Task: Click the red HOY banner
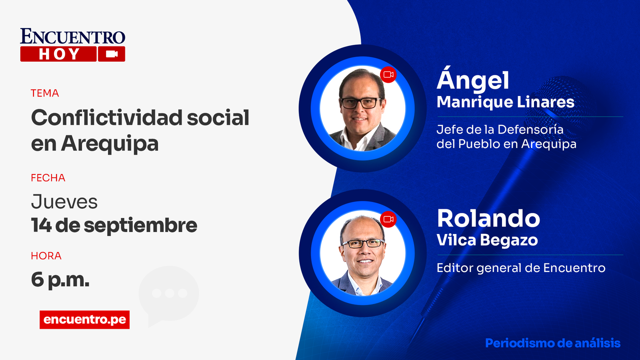pyautogui.click(x=58, y=54)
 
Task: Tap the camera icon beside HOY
pyautogui.click(x=112, y=54)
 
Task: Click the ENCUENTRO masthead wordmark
pyautogui.click(x=72, y=36)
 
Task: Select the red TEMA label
pyautogui.click(x=45, y=93)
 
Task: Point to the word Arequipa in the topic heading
pyautogui.click(x=110, y=144)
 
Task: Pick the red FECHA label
pyautogui.click(x=48, y=178)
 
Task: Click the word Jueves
pyautogui.click(x=64, y=202)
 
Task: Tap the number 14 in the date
pyautogui.click(x=41, y=225)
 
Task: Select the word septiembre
pyautogui.click(x=140, y=226)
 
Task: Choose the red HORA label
pyautogui.click(x=46, y=256)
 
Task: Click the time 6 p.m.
pyautogui.click(x=60, y=280)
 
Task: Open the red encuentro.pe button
pyautogui.click(x=84, y=320)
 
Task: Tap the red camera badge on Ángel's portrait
pyautogui.click(x=388, y=74)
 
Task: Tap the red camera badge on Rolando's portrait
pyautogui.click(x=388, y=219)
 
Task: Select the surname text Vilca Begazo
pyautogui.click(x=487, y=240)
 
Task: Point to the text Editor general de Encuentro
pyautogui.click(x=521, y=268)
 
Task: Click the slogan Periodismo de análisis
pyautogui.click(x=553, y=343)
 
